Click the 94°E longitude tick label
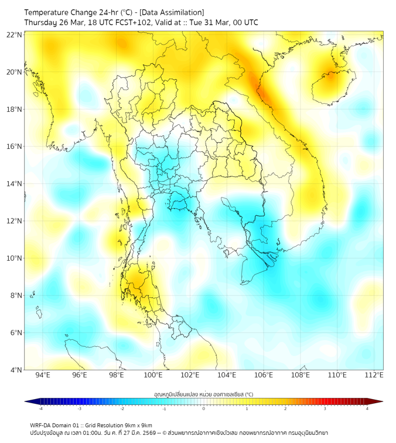pos(43,376)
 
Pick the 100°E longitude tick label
pos(153,376)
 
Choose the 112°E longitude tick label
pos(374,376)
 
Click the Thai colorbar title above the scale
pos(203,394)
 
